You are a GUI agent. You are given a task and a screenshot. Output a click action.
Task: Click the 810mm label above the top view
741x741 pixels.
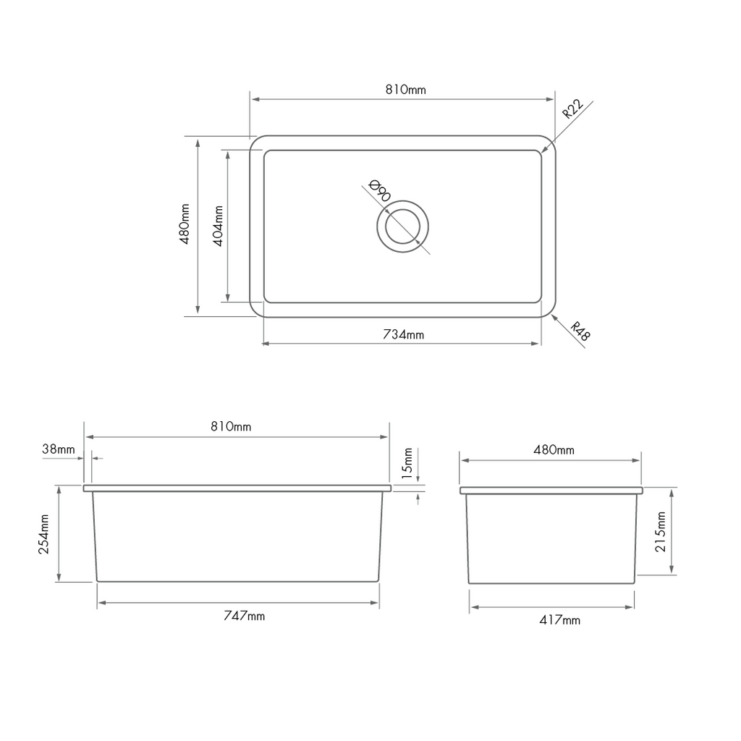coord(405,90)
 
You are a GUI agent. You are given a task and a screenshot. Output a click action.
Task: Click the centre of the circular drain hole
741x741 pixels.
coord(403,226)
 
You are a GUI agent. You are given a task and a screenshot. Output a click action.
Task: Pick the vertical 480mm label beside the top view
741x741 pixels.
coord(185,225)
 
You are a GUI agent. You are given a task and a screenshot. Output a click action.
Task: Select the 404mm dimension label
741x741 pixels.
coord(218,226)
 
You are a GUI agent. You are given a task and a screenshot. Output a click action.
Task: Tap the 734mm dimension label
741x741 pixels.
coord(404,334)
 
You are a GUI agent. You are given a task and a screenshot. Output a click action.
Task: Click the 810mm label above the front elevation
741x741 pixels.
coord(231,427)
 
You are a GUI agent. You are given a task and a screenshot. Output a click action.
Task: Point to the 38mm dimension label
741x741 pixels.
coord(59,449)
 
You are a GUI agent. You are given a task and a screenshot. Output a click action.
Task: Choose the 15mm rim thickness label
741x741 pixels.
coord(407,464)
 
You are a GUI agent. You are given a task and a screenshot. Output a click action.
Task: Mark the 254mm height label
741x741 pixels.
coord(45,533)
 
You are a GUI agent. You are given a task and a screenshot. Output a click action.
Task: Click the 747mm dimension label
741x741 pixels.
coord(244,616)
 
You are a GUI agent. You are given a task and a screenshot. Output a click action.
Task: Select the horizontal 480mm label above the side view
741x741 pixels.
coord(554,450)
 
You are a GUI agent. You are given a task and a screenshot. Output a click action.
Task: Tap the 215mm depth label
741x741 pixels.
coord(660,533)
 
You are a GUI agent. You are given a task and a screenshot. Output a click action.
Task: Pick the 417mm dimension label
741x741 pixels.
coord(559,620)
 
